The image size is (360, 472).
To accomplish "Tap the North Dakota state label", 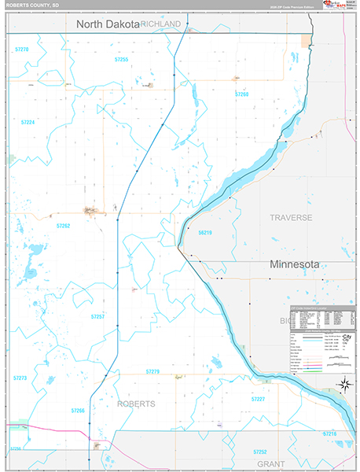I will [x=107, y=24].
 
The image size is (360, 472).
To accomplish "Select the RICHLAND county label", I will [x=161, y=24].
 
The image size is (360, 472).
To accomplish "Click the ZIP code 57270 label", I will [x=22, y=50].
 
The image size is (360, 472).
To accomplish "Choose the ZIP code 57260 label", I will [x=241, y=94].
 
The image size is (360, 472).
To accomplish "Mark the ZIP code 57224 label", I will [x=28, y=123].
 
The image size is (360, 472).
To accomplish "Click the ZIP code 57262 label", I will [x=64, y=226].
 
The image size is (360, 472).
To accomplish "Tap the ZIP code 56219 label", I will [x=205, y=233].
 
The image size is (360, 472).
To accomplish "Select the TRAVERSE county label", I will [x=291, y=217].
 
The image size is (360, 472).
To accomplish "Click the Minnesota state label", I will [x=295, y=265].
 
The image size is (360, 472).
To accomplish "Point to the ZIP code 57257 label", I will [x=97, y=315].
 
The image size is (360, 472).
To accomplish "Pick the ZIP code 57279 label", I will [x=152, y=371].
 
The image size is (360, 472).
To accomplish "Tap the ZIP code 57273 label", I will [x=20, y=378].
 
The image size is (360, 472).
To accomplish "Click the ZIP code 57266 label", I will [x=77, y=411].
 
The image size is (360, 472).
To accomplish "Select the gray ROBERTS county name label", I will [x=137, y=404].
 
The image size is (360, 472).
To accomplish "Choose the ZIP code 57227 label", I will [x=258, y=399].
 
